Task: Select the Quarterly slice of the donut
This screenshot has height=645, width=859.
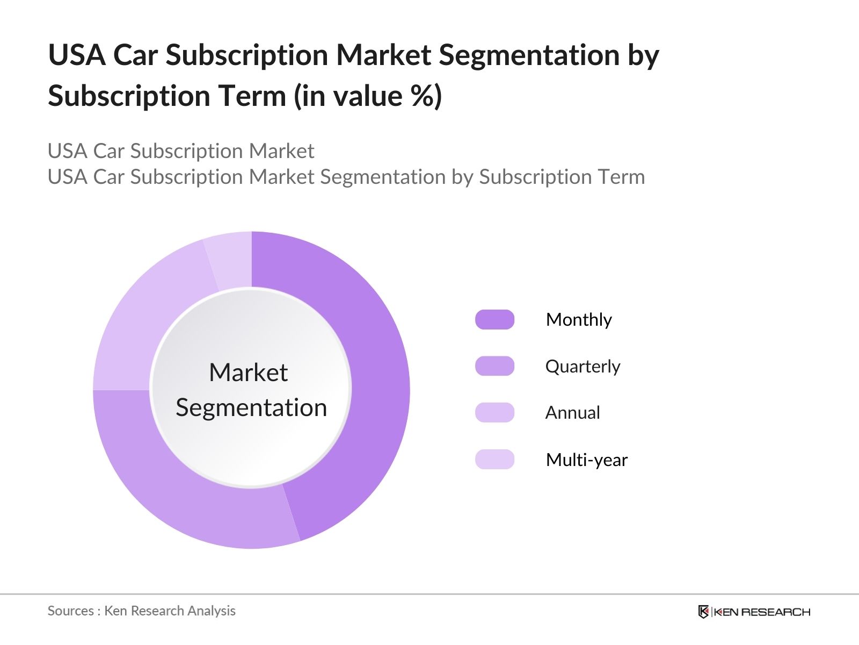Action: tap(177, 484)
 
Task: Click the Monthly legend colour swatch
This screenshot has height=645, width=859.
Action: tap(494, 320)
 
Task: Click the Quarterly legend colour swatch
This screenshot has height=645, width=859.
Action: tap(494, 366)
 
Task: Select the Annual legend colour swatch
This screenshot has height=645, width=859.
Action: tap(494, 412)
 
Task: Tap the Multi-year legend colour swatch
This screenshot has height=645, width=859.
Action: tap(494, 460)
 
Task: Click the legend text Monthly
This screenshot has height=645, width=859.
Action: tap(579, 320)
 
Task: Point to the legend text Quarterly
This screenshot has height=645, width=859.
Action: tap(583, 367)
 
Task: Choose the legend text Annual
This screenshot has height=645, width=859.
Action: tap(572, 413)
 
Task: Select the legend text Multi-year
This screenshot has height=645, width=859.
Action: tap(586, 460)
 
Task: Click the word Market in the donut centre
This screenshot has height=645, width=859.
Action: tap(248, 372)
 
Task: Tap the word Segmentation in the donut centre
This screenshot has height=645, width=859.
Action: tap(251, 407)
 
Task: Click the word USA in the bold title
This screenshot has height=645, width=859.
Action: tap(76, 55)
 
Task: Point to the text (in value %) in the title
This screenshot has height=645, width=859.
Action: tap(368, 96)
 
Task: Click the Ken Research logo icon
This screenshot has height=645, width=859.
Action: tap(703, 612)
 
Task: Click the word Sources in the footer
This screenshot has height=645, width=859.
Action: tap(70, 611)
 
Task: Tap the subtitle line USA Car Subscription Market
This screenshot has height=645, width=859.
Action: tap(181, 151)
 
